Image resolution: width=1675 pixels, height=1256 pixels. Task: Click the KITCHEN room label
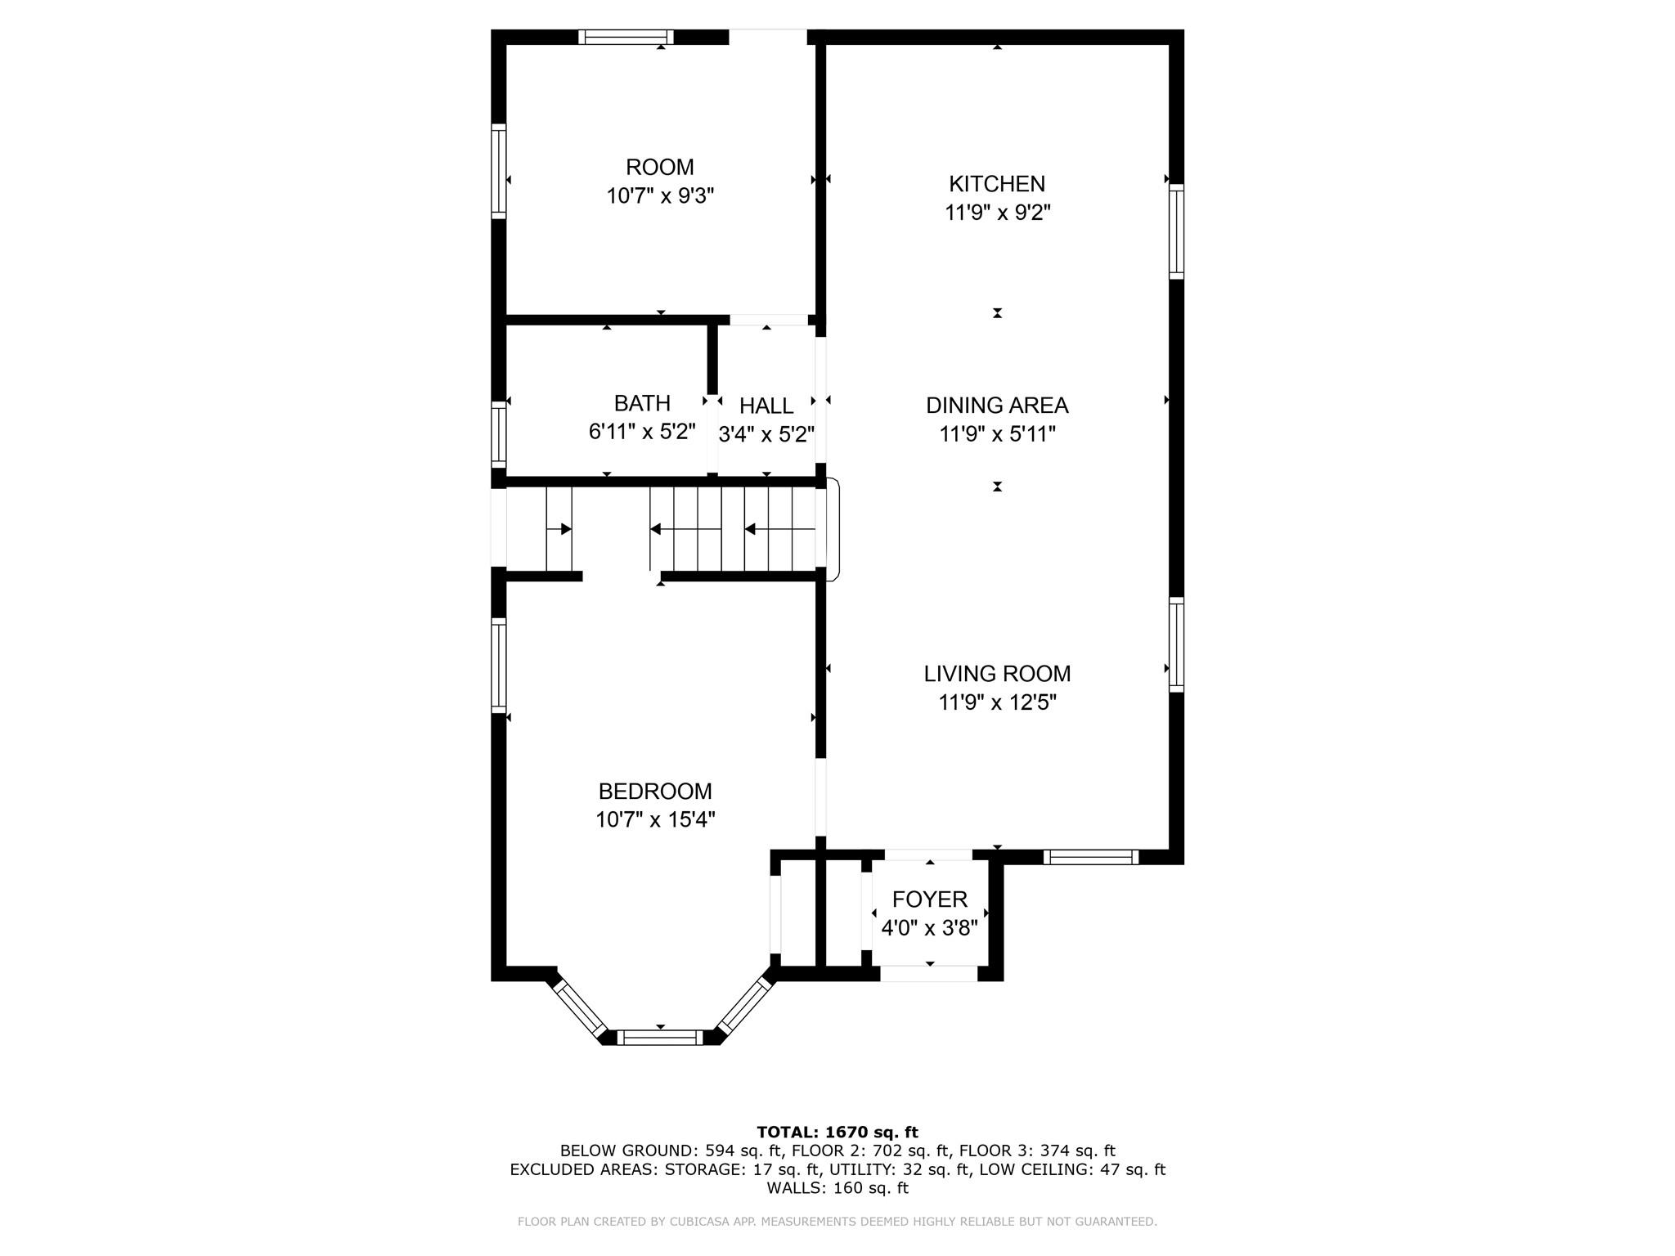pyautogui.click(x=996, y=184)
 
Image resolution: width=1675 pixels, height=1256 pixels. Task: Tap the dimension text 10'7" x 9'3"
pyautogui.click(x=660, y=196)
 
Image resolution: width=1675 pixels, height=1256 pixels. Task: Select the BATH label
pyautogui.click(x=642, y=403)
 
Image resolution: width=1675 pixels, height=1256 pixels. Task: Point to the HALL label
pyautogui.click(x=766, y=406)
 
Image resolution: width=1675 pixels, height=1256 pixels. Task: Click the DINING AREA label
pyautogui.click(x=996, y=405)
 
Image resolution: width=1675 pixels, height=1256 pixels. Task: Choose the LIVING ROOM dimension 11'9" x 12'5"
pyautogui.click(x=997, y=702)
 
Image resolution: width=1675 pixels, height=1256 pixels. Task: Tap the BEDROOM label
pyautogui.click(x=655, y=791)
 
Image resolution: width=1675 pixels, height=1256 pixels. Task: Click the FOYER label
pyautogui.click(x=929, y=899)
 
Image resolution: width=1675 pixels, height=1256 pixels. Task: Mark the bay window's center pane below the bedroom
pyautogui.click(x=659, y=1037)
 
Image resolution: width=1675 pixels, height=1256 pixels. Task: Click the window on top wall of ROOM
pyautogui.click(x=626, y=37)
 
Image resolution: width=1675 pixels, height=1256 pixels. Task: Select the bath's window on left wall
pyautogui.click(x=498, y=433)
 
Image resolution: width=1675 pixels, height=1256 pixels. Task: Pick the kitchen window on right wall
pyautogui.click(x=1176, y=231)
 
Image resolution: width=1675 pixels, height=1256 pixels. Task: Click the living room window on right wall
pyautogui.click(x=1176, y=644)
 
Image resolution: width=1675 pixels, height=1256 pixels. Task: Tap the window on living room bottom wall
pyautogui.click(x=1090, y=857)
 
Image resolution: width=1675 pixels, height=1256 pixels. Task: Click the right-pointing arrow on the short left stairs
pyautogui.click(x=564, y=529)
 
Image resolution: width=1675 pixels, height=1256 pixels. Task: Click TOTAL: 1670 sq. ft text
pyautogui.click(x=837, y=1133)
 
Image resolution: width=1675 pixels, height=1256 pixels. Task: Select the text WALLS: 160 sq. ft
pyautogui.click(x=837, y=1188)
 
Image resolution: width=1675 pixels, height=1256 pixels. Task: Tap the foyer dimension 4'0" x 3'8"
pyautogui.click(x=929, y=929)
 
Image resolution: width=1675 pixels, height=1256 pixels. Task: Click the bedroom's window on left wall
pyautogui.click(x=498, y=665)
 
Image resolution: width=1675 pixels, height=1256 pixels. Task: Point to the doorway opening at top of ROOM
pyautogui.click(x=767, y=37)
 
